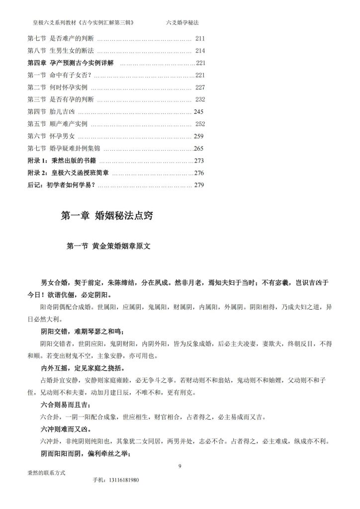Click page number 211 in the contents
200,39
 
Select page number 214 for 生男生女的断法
200,51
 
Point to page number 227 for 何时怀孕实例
200,87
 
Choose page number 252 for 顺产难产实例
200,124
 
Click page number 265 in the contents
199,148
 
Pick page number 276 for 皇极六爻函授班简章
199,172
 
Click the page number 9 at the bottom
180,466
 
